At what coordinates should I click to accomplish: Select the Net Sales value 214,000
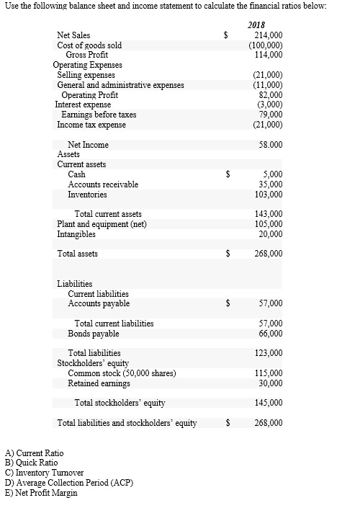(268, 35)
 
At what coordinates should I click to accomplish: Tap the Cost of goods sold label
(89, 45)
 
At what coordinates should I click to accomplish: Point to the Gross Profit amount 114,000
(268, 55)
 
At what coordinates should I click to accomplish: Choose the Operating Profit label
(90, 94)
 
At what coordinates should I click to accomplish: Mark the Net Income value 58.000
(269, 145)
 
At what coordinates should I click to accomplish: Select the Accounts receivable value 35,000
(270, 184)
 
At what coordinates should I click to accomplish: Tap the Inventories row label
(87, 195)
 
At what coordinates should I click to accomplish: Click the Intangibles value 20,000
(270, 234)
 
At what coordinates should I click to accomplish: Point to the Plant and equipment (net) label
(102, 224)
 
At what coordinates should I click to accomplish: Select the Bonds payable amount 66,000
(270, 334)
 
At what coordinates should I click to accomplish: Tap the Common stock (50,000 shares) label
(122, 373)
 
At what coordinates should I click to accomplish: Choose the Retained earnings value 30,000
(270, 383)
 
